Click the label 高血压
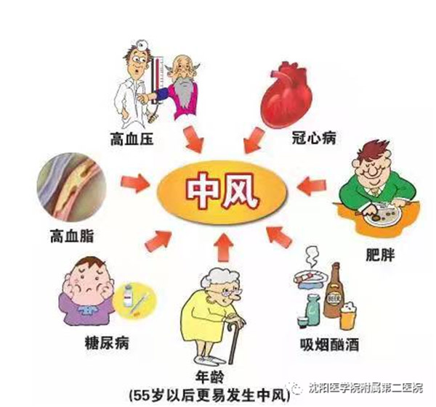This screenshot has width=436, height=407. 132,139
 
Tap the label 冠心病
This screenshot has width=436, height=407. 314,137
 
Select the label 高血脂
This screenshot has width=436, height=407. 72,237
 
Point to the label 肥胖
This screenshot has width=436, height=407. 380,254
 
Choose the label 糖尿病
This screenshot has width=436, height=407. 107,343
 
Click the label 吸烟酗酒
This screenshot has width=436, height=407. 329,345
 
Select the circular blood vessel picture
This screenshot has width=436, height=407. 72,187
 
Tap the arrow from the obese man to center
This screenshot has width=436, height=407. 311,185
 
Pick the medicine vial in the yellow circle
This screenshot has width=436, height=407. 128,296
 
